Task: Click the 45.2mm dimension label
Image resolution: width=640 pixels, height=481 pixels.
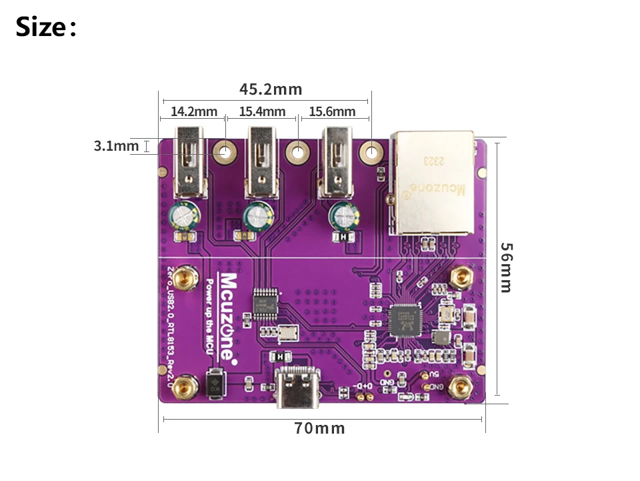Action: click(271, 89)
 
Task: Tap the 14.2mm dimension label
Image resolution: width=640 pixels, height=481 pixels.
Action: click(194, 111)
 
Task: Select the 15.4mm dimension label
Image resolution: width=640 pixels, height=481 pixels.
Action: click(262, 111)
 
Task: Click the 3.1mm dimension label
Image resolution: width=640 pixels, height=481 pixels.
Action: click(116, 145)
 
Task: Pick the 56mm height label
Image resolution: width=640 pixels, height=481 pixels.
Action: click(507, 267)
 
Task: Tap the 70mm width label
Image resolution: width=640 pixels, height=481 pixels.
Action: click(320, 428)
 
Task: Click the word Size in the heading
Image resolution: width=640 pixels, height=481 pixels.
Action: click(41, 28)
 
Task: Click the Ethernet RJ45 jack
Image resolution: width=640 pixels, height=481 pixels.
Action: click(433, 181)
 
